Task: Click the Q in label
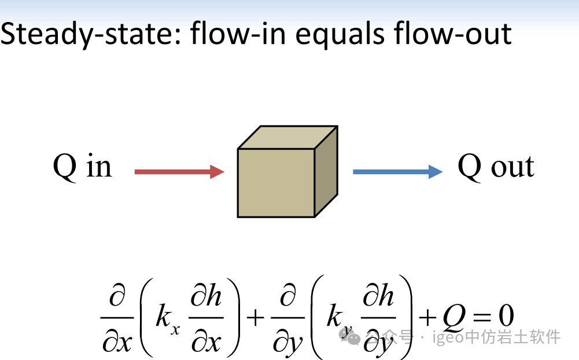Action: pos(82,167)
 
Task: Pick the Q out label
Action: pos(496,167)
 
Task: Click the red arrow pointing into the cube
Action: pos(179,171)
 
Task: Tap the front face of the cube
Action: pos(276,183)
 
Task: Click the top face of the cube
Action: pos(287,137)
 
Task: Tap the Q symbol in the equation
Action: pos(453,317)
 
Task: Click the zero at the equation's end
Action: pos(504,317)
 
